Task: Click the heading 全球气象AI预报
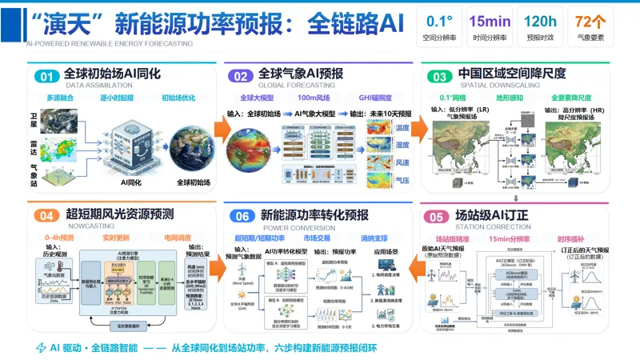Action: [x=301, y=74]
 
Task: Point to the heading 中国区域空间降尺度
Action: [x=512, y=74]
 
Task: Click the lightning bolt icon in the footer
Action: [x=42, y=348]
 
